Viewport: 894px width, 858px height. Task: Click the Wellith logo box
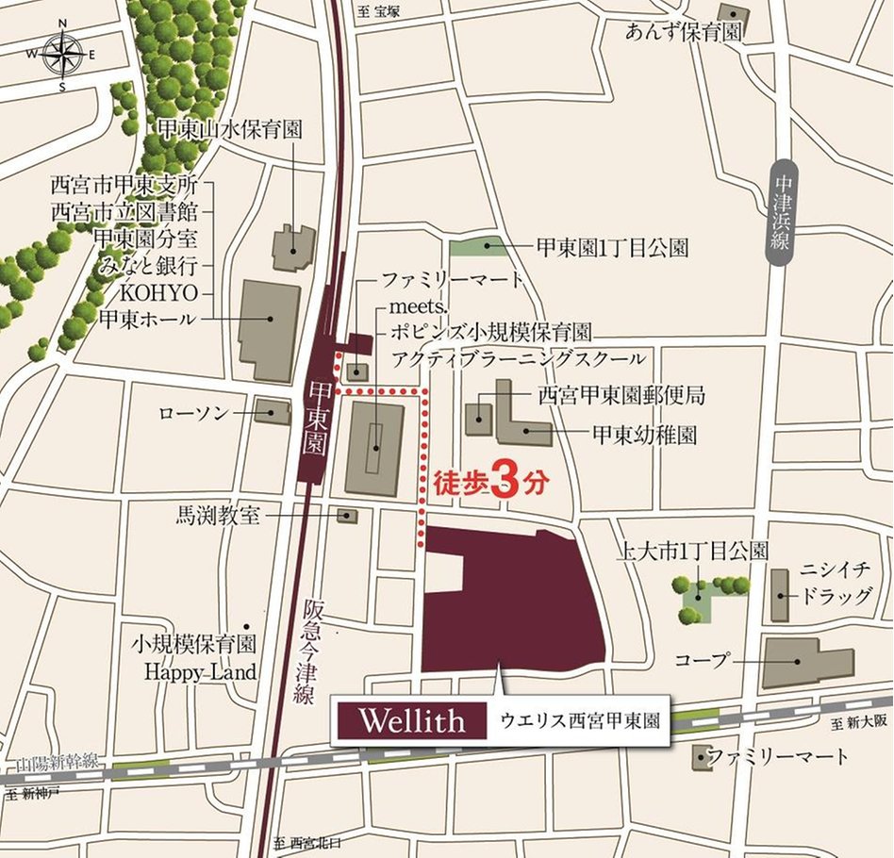(x=410, y=722)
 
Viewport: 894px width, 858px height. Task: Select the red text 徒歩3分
(x=490, y=483)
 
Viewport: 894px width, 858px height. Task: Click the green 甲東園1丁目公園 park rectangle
(x=487, y=248)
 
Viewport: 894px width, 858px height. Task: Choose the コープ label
(x=704, y=660)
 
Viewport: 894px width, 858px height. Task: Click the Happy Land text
(x=200, y=671)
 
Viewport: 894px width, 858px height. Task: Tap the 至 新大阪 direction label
(x=860, y=723)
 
